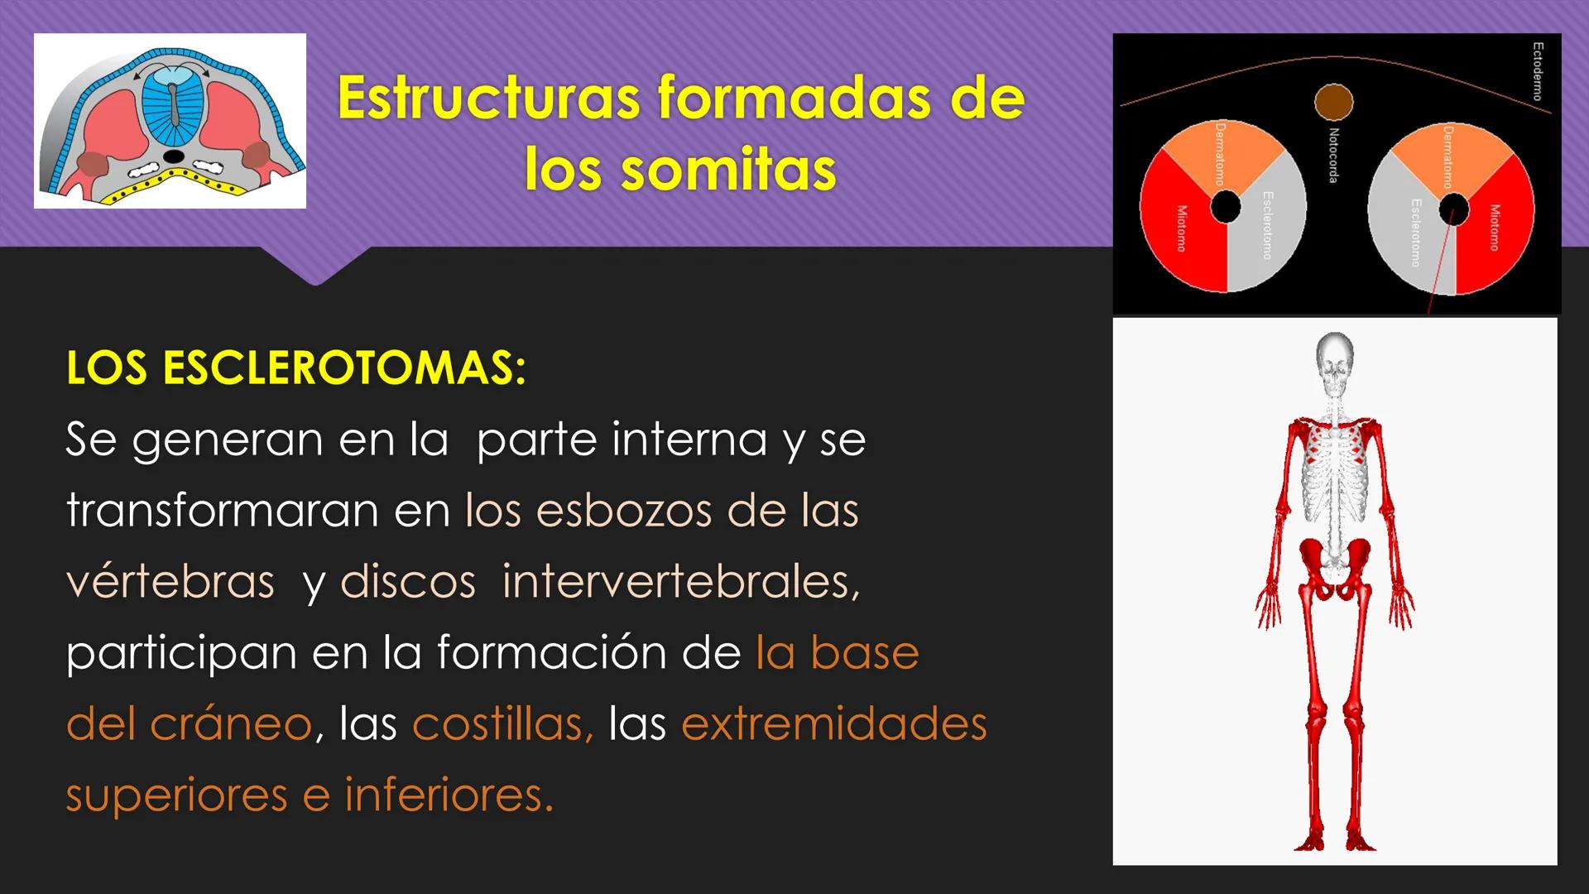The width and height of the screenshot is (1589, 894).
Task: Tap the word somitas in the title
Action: click(728, 170)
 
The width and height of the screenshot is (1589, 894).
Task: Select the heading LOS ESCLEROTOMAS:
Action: click(295, 368)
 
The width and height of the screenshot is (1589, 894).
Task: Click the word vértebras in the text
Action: click(170, 581)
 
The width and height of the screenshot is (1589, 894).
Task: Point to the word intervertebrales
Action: click(680, 581)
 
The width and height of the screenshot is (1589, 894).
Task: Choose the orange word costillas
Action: click(502, 723)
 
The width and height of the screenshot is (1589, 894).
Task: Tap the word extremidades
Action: click(833, 723)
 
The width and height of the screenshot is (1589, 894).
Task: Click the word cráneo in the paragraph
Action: click(229, 723)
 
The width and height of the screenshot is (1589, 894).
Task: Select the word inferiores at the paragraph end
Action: click(448, 795)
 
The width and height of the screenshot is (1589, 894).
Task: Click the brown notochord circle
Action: click(1333, 103)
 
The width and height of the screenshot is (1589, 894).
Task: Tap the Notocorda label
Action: click(1333, 155)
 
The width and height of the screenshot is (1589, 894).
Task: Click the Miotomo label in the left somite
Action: click(1181, 228)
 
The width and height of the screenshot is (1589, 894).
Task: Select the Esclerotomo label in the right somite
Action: click(1416, 232)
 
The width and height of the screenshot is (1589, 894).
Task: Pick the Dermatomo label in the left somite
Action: click(1220, 153)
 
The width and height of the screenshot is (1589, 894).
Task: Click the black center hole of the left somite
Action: click(1226, 207)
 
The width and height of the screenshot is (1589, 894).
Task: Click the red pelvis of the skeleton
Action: click(1334, 563)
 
